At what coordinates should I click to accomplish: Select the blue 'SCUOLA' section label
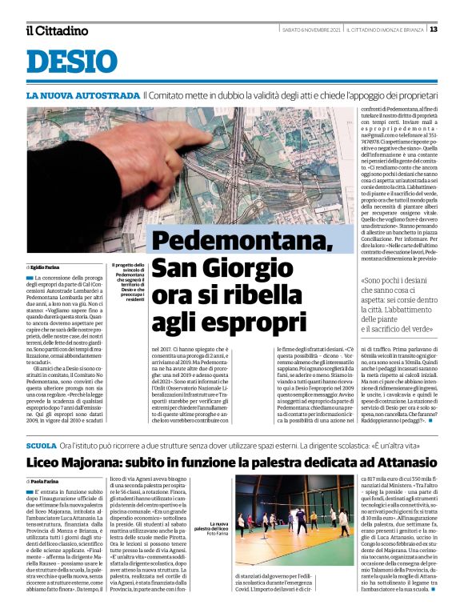(41, 444)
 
